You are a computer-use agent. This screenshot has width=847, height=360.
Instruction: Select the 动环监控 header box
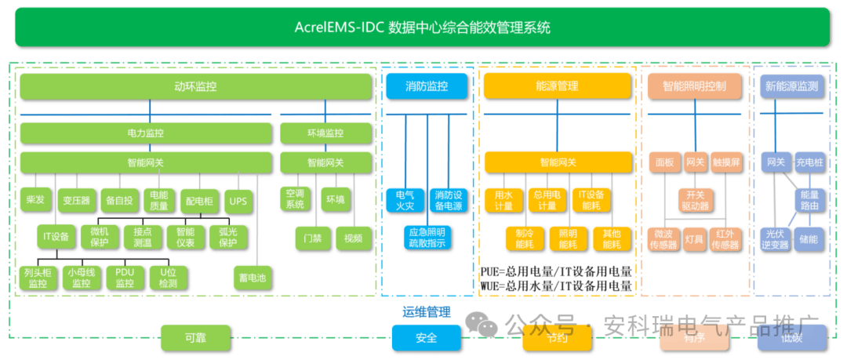click(x=195, y=86)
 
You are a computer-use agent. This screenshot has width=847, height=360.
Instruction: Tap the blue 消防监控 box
click(x=426, y=86)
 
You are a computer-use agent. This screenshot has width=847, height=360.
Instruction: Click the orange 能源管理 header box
click(x=557, y=86)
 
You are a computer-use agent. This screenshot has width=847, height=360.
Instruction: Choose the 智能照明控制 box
click(x=694, y=86)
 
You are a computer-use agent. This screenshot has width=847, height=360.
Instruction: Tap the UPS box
click(x=238, y=201)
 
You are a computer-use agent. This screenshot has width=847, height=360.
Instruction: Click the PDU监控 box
click(x=125, y=278)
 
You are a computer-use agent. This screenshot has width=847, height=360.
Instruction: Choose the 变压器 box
click(x=77, y=201)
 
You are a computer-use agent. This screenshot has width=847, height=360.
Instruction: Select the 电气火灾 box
click(x=405, y=200)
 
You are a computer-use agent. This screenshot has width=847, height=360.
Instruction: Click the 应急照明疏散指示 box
click(x=426, y=238)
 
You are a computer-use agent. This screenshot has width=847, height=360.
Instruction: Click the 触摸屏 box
click(x=726, y=162)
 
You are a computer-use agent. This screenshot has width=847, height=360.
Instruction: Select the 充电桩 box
click(x=809, y=162)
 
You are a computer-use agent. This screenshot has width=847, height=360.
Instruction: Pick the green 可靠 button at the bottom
click(x=195, y=338)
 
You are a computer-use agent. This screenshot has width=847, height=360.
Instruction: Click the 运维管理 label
click(x=426, y=312)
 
